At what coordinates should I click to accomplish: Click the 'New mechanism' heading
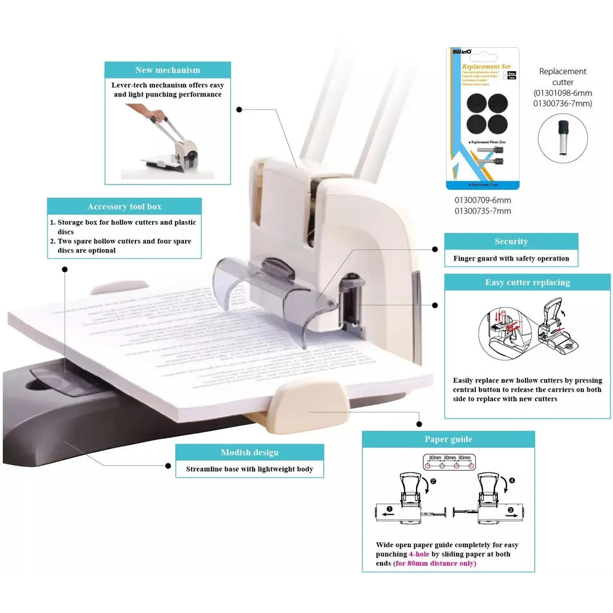coord(168,70)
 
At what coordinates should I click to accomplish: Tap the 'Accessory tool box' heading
coord(125,207)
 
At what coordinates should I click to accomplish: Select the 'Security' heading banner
coord(511,241)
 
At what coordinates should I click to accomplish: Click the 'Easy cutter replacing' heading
coord(527,283)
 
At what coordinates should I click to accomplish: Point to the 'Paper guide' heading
coord(448,439)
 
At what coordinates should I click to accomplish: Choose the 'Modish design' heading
coord(249,453)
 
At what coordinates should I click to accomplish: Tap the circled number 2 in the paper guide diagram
coord(433,481)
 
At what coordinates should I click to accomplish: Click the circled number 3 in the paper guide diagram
coord(510,512)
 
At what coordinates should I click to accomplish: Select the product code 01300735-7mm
coord(482,211)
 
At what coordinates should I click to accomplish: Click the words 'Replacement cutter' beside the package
coord(562,77)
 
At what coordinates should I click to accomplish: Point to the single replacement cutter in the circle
coord(563,136)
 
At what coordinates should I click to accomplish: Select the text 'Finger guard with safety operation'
coord(511,259)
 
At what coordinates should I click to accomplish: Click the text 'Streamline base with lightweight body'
coord(249,469)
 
